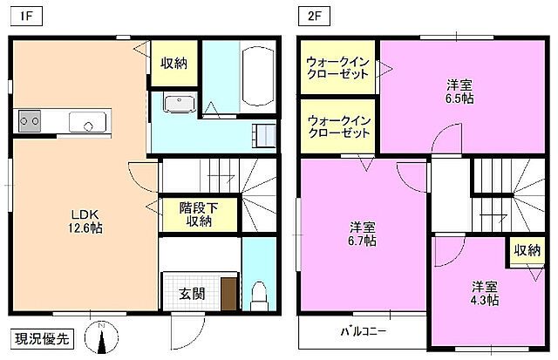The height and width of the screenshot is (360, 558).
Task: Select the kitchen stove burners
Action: (x=29, y=121)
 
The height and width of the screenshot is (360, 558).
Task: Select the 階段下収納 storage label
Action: (x=198, y=214)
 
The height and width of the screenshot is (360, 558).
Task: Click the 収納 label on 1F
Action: (x=173, y=64)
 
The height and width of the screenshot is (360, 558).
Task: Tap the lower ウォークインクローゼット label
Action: (x=339, y=127)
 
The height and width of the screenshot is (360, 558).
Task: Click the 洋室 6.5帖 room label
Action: (x=459, y=92)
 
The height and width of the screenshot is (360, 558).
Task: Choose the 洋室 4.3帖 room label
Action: (x=485, y=292)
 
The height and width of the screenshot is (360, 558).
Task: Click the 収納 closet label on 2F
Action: (x=526, y=250)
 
